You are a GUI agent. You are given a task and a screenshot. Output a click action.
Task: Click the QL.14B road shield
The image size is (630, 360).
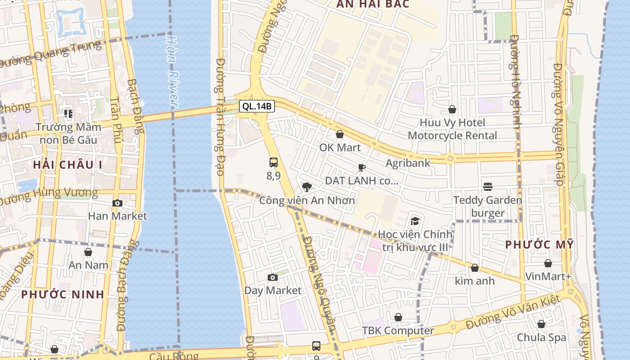pyautogui.click(x=256, y=106)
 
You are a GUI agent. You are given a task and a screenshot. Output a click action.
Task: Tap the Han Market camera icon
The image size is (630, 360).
pyautogui.click(x=117, y=203)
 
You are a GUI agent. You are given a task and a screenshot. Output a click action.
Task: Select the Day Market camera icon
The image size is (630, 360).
pyautogui.click(x=272, y=278)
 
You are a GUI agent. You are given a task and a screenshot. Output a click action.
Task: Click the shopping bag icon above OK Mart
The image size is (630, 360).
pyautogui.click(x=340, y=134)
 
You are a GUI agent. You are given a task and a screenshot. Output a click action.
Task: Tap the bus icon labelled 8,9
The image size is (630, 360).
pyautogui.click(x=273, y=162)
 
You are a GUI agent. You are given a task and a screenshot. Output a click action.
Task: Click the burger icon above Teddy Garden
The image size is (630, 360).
pyautogui.click(x=487, y=186)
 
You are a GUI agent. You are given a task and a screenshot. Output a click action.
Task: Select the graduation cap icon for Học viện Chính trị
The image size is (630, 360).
pyautogui.click(x=414, y=221)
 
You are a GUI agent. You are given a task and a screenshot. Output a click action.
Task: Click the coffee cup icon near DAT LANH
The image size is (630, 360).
pyautogui.click(x=361, y=168)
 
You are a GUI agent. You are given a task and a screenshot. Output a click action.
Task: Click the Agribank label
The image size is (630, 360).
pyautogui.click(x=408, y=163)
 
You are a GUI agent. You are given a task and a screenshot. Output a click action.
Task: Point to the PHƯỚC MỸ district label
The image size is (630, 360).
pyautogui.click(x=539, y=245)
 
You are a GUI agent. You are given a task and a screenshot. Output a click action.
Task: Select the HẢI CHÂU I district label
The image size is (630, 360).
pyautogui.click(x=67, y=165)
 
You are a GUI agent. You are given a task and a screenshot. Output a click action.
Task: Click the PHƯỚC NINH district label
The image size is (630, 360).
pyautogui.click(x=63, y=294)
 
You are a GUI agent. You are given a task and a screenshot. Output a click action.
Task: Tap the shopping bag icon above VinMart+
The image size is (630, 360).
pyautogui.click(x=548, y=263)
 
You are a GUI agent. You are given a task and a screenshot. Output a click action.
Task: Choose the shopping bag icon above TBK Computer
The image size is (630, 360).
pyautogui.click(x=398, y=318)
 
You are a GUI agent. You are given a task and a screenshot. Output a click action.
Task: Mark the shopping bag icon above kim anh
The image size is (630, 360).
pyautogui.click(x=474, y=268)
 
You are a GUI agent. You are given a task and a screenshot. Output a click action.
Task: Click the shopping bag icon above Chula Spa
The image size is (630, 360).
pyautogui.click(x=541, y=324)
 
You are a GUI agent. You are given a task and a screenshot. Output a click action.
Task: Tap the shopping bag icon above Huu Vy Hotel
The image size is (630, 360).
pyautogui.click(x=452, y=109)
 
